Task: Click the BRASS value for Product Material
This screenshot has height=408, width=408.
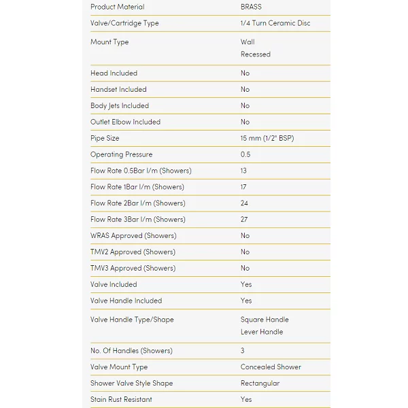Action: click(x=251, y=7)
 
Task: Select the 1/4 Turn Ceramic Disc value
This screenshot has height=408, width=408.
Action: click(x=275, y=23)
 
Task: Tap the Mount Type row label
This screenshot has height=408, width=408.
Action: click(x=109, y=42)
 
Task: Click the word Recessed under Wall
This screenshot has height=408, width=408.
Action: click(x=255, y=54)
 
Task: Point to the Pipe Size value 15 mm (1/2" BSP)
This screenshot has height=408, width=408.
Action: click(x=267, y=138)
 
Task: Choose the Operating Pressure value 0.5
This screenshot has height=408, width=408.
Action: click(x=245, y=154)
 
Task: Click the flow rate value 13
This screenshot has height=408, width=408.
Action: click(x=243, y=171)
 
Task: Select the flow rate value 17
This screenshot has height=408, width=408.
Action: click(x=243, y=187)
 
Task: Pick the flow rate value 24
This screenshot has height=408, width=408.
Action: click(x=244, y=203)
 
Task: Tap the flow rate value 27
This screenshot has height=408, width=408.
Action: click(x=244, y=220)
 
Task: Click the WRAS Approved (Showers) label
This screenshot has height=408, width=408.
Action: click(x=133, y=236)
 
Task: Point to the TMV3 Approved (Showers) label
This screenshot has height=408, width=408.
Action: click(x=133, y=269)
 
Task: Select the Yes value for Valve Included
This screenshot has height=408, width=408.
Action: click(x=246, y=285)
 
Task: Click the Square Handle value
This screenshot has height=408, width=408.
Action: click(x=265, y=320)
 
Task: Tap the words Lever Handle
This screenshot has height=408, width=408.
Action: click(x=262, y=332)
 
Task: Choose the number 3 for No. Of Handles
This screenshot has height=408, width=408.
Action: click(x=243, y=351)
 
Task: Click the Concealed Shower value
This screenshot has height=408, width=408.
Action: click(x=271, y=367)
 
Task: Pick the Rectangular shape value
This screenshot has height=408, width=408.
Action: click(x=260, y=384)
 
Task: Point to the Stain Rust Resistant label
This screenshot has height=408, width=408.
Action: click(x=121, y=400)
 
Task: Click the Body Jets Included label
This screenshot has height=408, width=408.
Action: click(x=120, y=106)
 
